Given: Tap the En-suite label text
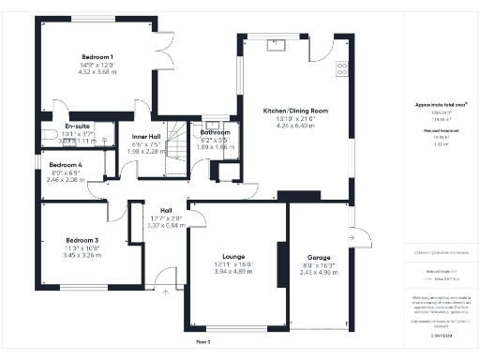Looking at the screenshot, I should pyautogui.click(x=77, y=126).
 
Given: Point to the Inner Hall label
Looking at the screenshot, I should pyautogui.click(x=146, y=138).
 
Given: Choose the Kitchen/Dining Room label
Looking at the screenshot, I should pyautogui.click(x=295, y=111).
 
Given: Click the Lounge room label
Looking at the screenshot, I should pyautogui.click(x=233, y=255).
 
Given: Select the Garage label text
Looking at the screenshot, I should pyautogui.click(x=319, y=257).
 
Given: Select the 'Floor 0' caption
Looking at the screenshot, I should pyautogui.click(x=202, y=342).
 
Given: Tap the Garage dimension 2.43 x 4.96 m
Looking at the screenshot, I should pyautogui.click(x=319, y=273).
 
